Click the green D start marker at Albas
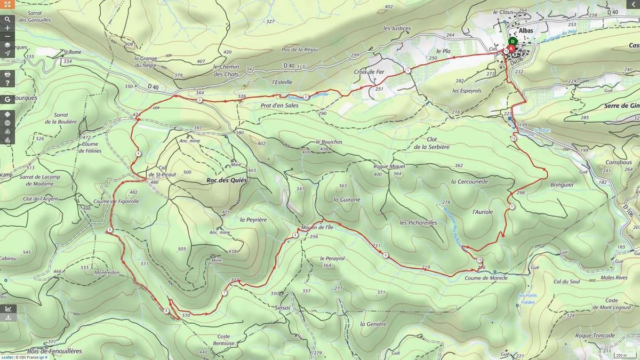point(513,41)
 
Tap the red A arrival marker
point(511,49)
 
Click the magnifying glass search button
point(7,19)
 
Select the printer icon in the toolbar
point(7,74)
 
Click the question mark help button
point(7,83)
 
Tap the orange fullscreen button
point(7,4)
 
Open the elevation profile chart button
point(7,308)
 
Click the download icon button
point(7,317)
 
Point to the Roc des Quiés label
point(227,180)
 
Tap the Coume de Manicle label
point(486,278)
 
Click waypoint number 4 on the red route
point(138,154)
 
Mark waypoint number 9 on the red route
point(386,256)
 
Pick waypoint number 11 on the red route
point(511,206)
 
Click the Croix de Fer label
point(369,71)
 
